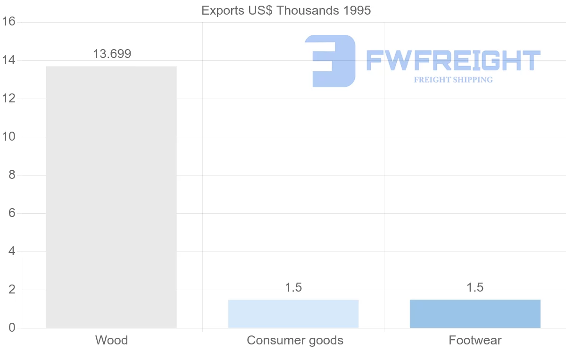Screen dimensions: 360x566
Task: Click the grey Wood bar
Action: point(111,197)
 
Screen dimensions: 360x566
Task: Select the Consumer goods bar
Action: point(293,313)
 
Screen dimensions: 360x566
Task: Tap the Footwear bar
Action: point(475,313)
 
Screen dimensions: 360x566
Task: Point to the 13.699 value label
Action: point(112,54)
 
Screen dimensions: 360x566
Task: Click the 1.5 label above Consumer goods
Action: point(293,287)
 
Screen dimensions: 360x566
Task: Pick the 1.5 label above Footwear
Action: point(475,287)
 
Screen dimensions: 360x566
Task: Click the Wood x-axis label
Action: point(111,340)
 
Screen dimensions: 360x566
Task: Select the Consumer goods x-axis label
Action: point(295,340)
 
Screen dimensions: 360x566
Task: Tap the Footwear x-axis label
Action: point(475,340)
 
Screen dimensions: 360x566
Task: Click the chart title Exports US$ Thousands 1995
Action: point(286,10)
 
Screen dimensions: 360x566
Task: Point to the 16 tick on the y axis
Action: point(8,22)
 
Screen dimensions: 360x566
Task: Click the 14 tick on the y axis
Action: point(8,60)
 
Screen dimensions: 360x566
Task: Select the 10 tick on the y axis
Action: point(8,137)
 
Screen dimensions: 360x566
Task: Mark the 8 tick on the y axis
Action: point(11,175)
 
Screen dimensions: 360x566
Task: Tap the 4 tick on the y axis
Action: point(11,251)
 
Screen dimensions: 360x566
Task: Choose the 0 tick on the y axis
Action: point(11,328)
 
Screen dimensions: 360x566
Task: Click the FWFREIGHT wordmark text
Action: point(453,61)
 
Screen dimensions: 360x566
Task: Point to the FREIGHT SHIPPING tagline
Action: point(453,80)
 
